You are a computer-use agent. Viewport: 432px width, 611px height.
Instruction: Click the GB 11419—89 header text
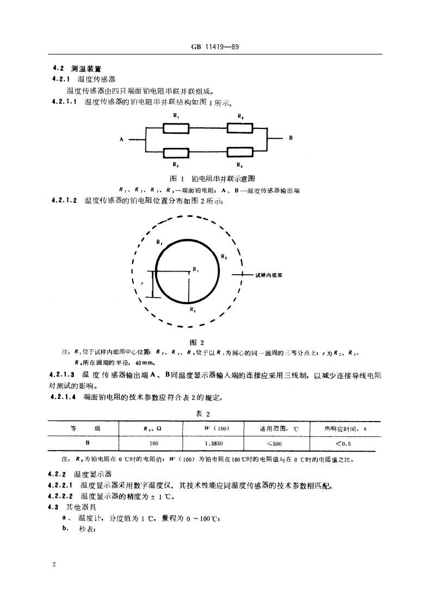pos(215,47)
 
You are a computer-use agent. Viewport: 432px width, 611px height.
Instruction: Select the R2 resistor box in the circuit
pos(240,128)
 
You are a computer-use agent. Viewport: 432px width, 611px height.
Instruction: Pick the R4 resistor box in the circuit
pos(240,153)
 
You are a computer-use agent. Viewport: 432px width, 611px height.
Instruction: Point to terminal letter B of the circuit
pos(291,138)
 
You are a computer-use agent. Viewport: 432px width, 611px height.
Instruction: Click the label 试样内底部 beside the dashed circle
pos(269,275)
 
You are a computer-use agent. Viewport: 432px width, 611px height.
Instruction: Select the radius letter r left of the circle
pos(141,283)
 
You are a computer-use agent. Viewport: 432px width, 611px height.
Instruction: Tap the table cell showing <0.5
pos(343,443)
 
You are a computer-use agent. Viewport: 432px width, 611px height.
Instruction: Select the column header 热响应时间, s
pos(343,428)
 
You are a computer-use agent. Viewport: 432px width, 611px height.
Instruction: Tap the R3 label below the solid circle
pos(192,310)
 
